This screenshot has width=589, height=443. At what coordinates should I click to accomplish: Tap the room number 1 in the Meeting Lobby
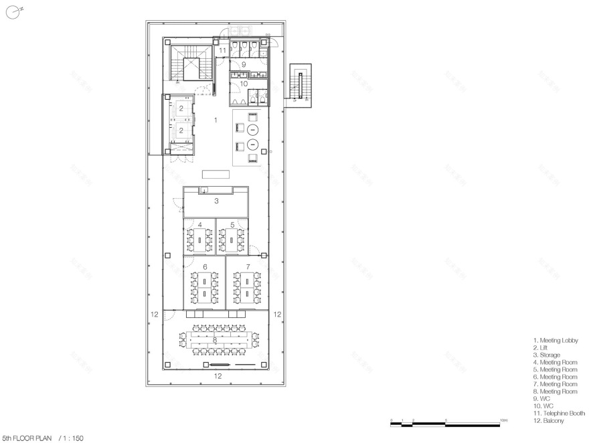coord(215,120)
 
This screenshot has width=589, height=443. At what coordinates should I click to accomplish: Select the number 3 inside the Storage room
coord(216,200)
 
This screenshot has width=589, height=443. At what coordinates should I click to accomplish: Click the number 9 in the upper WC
coord(244,64)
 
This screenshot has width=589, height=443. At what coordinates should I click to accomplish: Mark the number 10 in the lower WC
coord(244,84)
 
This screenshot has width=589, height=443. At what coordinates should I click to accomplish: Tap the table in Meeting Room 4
coord(199,240)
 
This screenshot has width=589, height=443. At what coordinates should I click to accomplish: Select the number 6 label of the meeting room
coord(205,266)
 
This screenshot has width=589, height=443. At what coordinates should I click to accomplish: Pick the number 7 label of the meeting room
coord(248,266)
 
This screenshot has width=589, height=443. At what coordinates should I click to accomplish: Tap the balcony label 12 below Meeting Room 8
coord(218,377)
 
